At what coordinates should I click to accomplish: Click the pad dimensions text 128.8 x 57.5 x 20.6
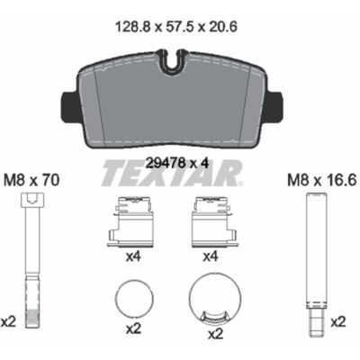coord(176,27)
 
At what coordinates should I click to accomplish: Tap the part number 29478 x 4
coord(176,163)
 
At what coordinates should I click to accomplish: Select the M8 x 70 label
coord(31,181)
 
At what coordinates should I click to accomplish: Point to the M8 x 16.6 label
coord(322,181)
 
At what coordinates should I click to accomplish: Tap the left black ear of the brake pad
coord(69,104)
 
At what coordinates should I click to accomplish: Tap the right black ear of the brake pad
coord(273,104)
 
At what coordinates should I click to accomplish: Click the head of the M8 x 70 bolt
coord(33,200)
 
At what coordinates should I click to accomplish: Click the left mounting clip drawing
coord(130,222)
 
